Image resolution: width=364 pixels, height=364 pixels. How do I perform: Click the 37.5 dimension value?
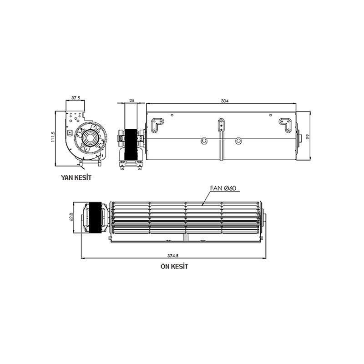pyautogui.click(x=76, y=97)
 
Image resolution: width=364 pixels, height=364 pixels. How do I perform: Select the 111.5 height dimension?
pyautogui.click(x=53, y=137)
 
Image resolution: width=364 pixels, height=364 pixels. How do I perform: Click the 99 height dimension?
pyautogui.click(x=308, y=136)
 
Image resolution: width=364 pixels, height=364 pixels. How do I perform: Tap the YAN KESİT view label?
pyautogui.click(x=76, y=177)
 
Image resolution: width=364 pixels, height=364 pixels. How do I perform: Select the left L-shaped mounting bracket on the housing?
pyautogui.click(x=158, y=124)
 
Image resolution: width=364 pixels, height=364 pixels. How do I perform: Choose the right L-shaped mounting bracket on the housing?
pyautogui.click(x=285, y=124)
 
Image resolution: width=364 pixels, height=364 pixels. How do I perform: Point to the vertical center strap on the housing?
pyautogui.click(x=221, y=136)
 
